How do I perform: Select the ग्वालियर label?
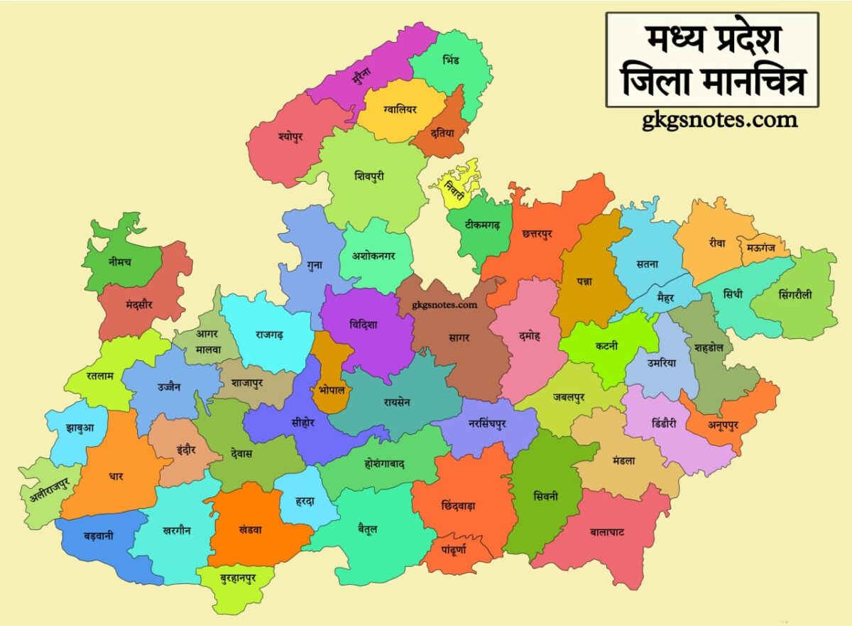(400, 110)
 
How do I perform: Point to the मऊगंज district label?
(767, 249)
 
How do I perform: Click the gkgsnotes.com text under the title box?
(719, 121)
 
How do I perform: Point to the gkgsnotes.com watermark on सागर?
(444, 306)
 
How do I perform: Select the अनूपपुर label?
(723, 425)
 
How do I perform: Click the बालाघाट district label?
(607, 531)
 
